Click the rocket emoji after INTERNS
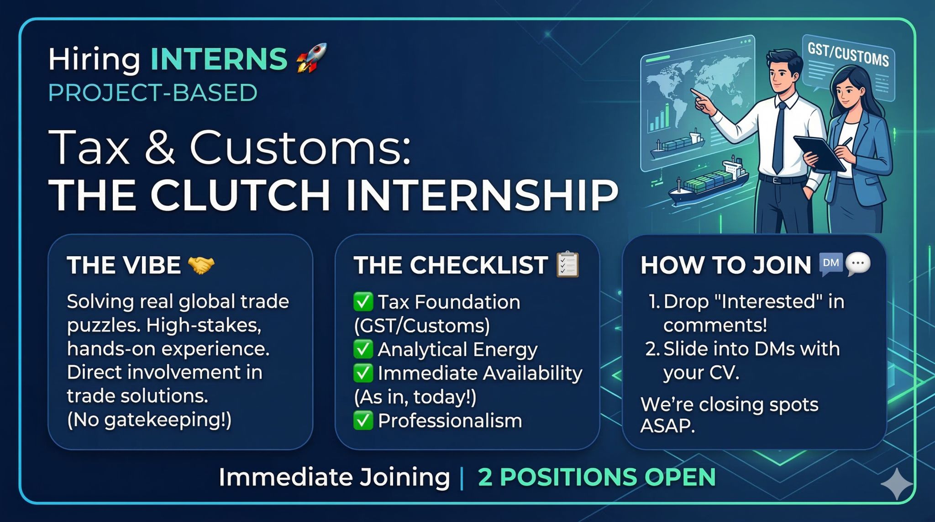tap(312, 58)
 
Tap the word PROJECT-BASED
tap(153, 93)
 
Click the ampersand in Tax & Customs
tap(159, 147)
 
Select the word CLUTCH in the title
tap(241, 195)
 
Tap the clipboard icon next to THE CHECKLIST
tap(568, 264)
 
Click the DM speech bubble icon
tap(831, 264)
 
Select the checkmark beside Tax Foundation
tap(363, 302)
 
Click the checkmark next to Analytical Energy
tap(363, 349)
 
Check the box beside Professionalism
tap(363, 421)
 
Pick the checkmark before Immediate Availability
tap(363, 373)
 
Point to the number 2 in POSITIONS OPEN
tap(485, 477)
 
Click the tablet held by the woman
tap(819, 153)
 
